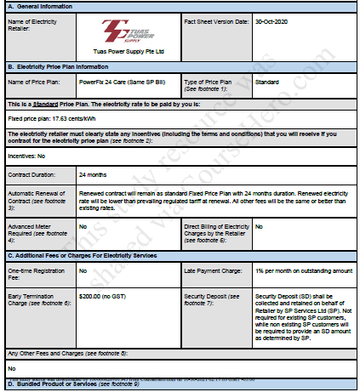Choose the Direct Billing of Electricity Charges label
216,230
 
